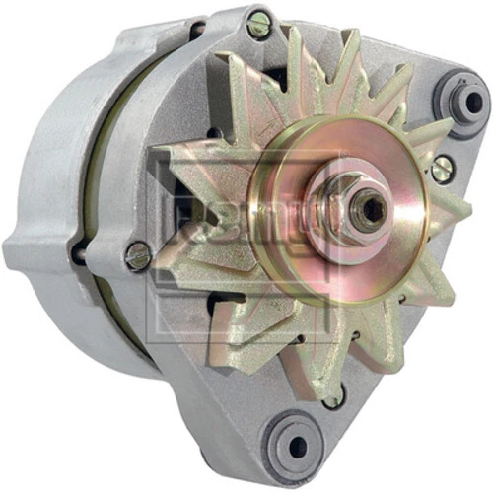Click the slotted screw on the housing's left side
pyautogui.click(x=138, y=256)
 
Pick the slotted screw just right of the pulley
pyautogui.click(x=443, y=169)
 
